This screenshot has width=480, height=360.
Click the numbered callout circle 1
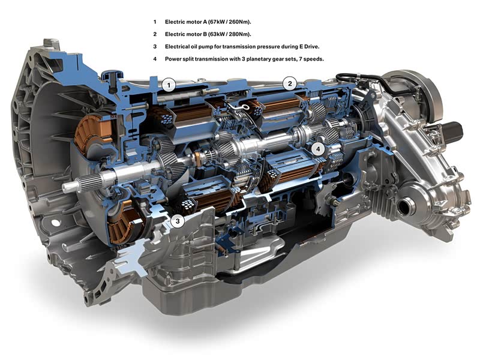click(169, 85)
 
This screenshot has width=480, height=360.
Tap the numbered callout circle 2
click(290, 83)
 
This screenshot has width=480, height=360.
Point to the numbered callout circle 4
click(318, 149)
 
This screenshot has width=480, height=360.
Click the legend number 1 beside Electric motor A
click(155, 22)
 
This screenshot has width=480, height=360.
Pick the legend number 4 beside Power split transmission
click(155, 59)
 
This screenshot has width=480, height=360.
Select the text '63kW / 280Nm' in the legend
click(230, 34)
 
